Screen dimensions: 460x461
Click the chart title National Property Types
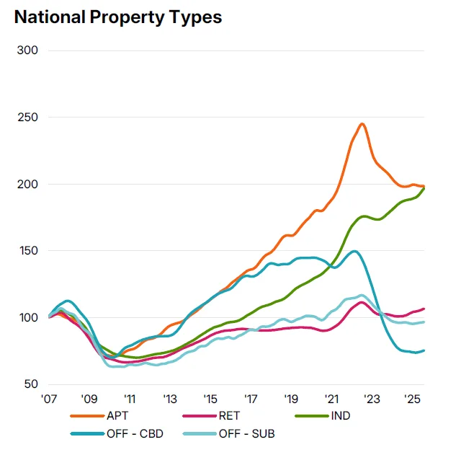pos(118,17)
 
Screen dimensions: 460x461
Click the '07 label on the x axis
pos(49,399)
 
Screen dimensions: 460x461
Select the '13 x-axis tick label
pos(170,399)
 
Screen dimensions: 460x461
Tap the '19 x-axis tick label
pos(291,399)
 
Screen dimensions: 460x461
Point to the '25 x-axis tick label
pos(413,399)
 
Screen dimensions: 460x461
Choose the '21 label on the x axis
pos(331,399)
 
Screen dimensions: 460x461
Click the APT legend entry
pos(115,415)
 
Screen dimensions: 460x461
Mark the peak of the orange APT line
pos(362,124)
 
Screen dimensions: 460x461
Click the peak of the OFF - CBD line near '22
pos(354,252)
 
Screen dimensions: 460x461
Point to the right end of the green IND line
pos(424,188)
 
